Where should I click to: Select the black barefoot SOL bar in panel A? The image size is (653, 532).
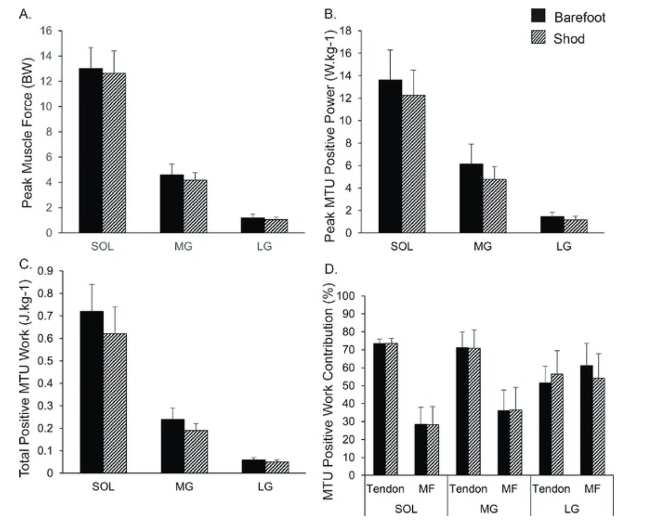tap(91, 150)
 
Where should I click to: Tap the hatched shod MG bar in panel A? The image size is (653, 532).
tap(195, 206)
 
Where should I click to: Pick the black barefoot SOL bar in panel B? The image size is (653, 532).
tap(390, 156)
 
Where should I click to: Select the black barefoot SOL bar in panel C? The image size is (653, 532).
tap(92, 392)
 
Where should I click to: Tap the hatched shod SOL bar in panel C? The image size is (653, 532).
tap(115, 403)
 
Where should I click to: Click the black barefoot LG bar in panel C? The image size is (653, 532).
tap(253, 466)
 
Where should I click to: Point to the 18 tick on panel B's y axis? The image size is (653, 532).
tap(348, 31)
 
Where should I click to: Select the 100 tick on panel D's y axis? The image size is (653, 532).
tap(352, 296)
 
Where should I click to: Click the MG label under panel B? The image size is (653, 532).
tap(483, 247)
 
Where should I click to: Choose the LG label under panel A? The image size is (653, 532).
tap(264, 247)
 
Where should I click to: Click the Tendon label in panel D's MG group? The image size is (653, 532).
tap(468, 489)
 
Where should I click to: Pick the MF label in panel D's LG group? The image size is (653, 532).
tap(593, 489)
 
